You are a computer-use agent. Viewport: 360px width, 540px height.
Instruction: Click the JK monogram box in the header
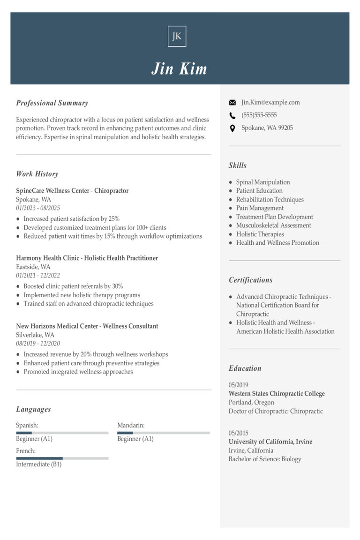pyautogui.click(x=177, y=36)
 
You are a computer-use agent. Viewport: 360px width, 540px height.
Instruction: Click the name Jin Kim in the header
pyautogui.click(x=179, y=68)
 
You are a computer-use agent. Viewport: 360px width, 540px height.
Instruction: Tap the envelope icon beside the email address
pyautogui.click(x=232, y=103)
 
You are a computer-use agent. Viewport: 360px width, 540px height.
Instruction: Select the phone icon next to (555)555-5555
pyautogui.click(x=232, y=115)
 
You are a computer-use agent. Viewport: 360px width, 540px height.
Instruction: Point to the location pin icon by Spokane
pyautogui.click(x=232, y=128)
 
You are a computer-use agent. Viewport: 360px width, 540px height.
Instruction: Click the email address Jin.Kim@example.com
pyautogui.click(x=270, y=103)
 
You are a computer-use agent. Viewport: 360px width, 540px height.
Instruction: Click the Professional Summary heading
pyautogui.click(x=52, y=103)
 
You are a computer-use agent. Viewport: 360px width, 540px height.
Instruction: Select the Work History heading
pyautogui.click(x=37, y=174)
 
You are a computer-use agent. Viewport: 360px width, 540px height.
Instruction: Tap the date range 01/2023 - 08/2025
pyautogui.click(x=38, y=208)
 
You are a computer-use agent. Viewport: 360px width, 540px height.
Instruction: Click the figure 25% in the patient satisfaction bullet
pyautogui.click(x=114, y=219)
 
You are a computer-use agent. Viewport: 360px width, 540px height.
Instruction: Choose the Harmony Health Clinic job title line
pyautogui.click(x=87, y=258)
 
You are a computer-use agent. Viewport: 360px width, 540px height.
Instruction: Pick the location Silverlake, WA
pyautogui.click(x=35, y=335)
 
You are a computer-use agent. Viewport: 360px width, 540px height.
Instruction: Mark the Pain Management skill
pyautogui.click(x=260, y=208)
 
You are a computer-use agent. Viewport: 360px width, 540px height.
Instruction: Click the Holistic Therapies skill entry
pyautogui.click(x=260, y=234)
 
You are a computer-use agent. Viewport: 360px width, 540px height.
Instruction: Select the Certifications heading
pyautogui.click(x=250, y=280)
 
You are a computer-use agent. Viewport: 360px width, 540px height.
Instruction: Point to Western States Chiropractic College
pyautogui.click(x=277, y=394)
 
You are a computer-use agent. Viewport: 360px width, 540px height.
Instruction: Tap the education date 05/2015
pyautogui.click(x=239, y=433)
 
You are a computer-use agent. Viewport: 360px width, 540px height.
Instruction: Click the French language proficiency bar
pyautogui.click(x=62, y=458)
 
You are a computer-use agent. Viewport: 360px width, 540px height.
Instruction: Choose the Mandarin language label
pyautogui.click(x=131, y=426)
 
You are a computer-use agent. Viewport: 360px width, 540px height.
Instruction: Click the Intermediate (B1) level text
pyautogui.click(x=39, y=465)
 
